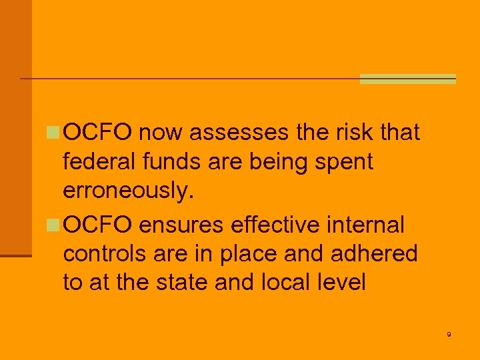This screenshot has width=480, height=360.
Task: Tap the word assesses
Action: click(x=239, y=133)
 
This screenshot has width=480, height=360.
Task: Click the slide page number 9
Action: click(x=449, y=334)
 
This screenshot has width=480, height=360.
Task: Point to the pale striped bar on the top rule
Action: click(x=407, y=79)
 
